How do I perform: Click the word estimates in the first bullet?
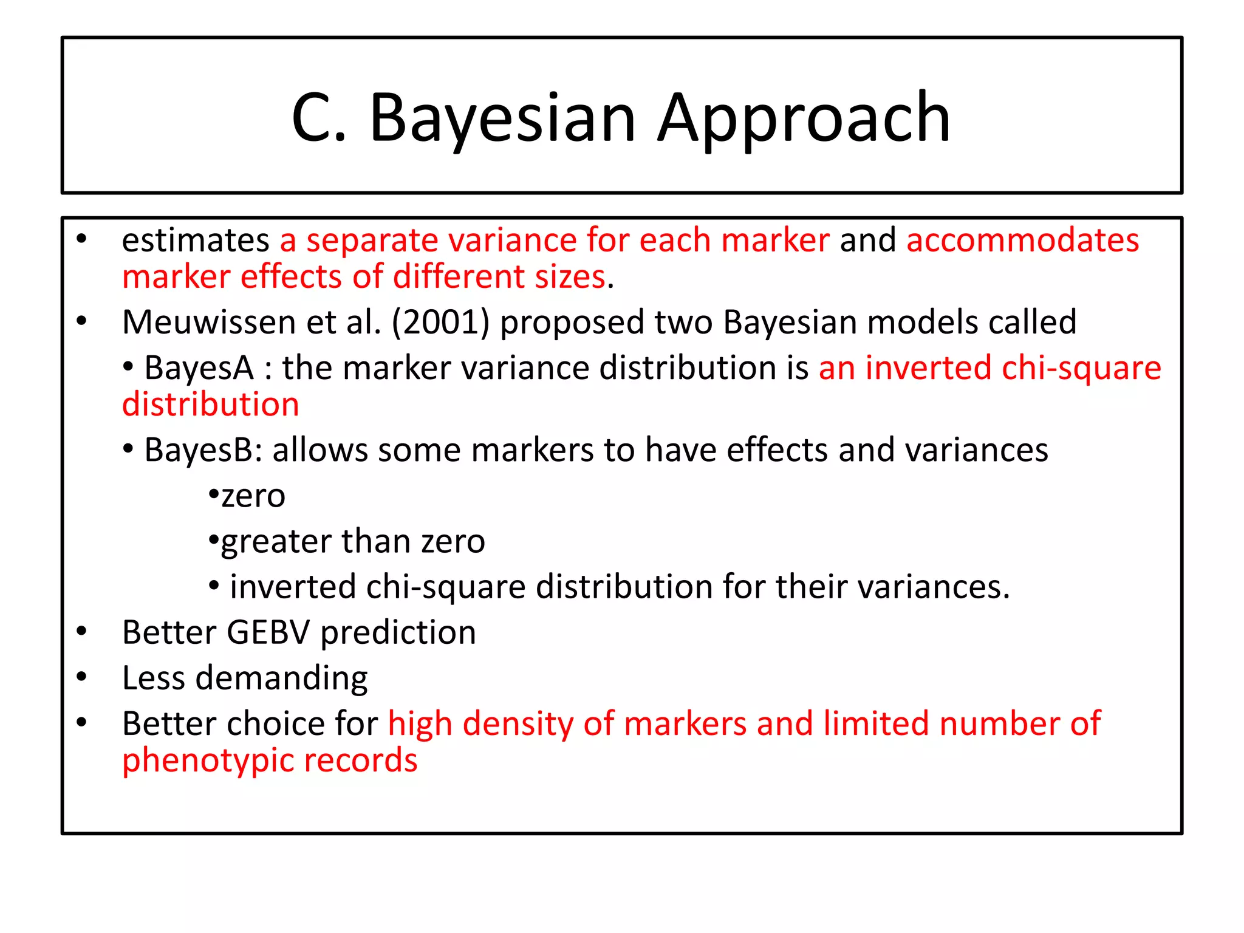(196, 240)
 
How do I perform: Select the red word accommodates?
(1022, 240)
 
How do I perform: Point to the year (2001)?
(440, 322)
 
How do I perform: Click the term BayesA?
(199, 368)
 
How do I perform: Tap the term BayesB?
(203, 450)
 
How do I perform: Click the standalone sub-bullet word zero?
(253, 496)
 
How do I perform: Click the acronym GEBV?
(268, 632)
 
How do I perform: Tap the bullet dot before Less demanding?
(82, 677)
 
